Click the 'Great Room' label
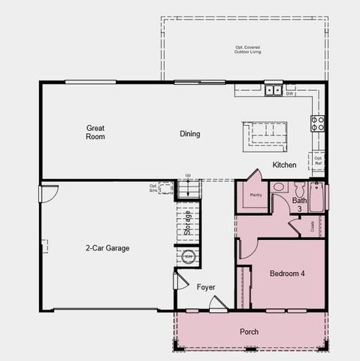(x=95, y=132)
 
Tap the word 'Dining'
(x=189, y=134)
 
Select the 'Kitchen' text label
(x=284, y=165)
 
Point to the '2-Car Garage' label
(x=107, y=247)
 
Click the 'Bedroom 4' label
(x=287, y=273)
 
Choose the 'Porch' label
(x=249, y=332)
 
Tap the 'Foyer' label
(x=206, y=287)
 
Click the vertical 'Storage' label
(x=187, y=223)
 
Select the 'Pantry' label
(x=256, y=195)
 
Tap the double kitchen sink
(x=273, y=89)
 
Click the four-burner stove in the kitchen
(x=318, y=123)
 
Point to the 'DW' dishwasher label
(x=290, y=94)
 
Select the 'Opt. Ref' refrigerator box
(x=319, y=159)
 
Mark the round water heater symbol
(x=188, y=256)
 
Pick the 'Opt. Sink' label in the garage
(x=153, y=187)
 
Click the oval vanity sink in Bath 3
(x=279, y=187)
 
